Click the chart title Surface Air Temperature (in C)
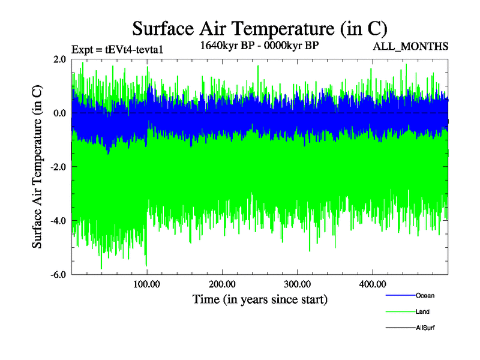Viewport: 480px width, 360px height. pyautogui.click(x=260, y=28)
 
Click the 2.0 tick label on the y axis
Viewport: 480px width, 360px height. pyautogui.click(x=59, y=59)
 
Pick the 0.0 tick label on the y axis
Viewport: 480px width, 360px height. pyautogui.click(x=59, y=113)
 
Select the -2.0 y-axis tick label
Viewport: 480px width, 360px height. pyautogui.click(x=58, y=167)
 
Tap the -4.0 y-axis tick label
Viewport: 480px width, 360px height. pyautogui.click(x=58, y=221)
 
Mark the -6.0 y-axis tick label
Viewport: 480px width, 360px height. pyautogui.click(x=58, y=275)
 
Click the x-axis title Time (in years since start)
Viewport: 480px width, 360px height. pyautogui.click(x=260, y=299)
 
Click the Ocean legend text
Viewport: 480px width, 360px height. pyautogui.click(x=425, y=295)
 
